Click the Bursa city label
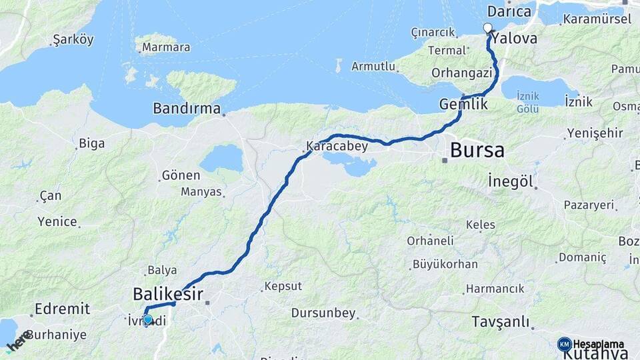pos(477,150)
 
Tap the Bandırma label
pos(187,107)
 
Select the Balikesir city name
pos(168,293)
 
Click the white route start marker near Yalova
pos(487,28)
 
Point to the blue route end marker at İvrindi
pos(148,319)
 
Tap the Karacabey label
pos(337,146)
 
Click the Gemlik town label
pos(463,104)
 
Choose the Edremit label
pos(62,309)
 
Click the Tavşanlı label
pos(500,321)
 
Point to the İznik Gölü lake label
pos(527,102)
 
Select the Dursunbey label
pos(323,313)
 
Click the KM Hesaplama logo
pos(590,344)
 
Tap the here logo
pos(18,341)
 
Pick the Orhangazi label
pos(461,73)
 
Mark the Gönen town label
pos(181,175)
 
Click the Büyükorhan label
pos(445,264)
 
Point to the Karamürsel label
pos(597,19)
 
